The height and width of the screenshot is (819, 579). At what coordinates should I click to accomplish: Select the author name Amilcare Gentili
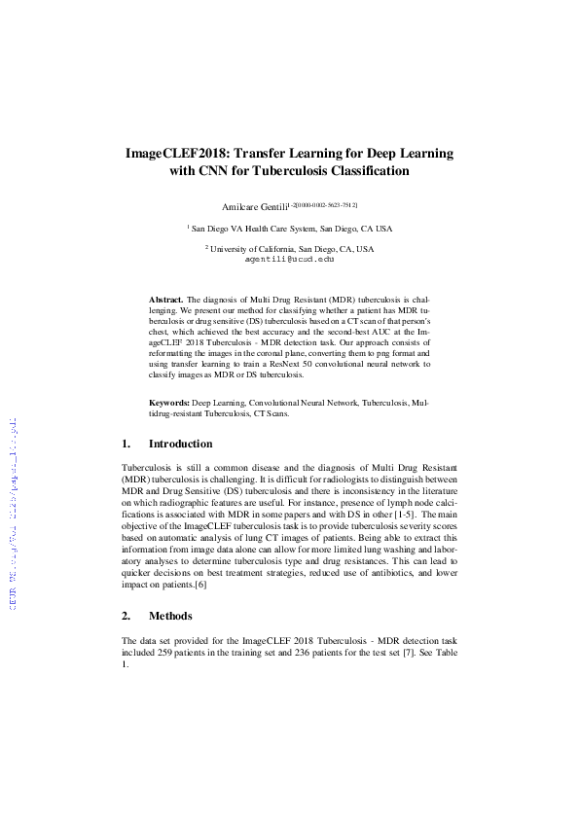(x=254, y=205)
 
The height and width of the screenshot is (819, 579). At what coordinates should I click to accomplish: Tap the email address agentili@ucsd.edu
(x=289, y=260)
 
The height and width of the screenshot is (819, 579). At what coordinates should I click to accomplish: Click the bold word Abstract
(x=165, y=301)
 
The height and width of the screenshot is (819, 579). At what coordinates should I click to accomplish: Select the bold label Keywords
(x=168, y=401)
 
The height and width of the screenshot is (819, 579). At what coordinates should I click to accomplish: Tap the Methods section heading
(x=170, y=616)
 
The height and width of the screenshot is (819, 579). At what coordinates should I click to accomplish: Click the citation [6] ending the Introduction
(x=200, y=586)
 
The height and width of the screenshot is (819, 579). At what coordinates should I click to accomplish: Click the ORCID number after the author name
(x=323, y=204)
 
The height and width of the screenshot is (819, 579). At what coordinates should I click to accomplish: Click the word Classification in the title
(x=353, y=171)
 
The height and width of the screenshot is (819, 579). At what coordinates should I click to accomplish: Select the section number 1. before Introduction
(x=127, y=445)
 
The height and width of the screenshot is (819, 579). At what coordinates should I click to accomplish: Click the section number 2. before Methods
(x=127, y=616)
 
